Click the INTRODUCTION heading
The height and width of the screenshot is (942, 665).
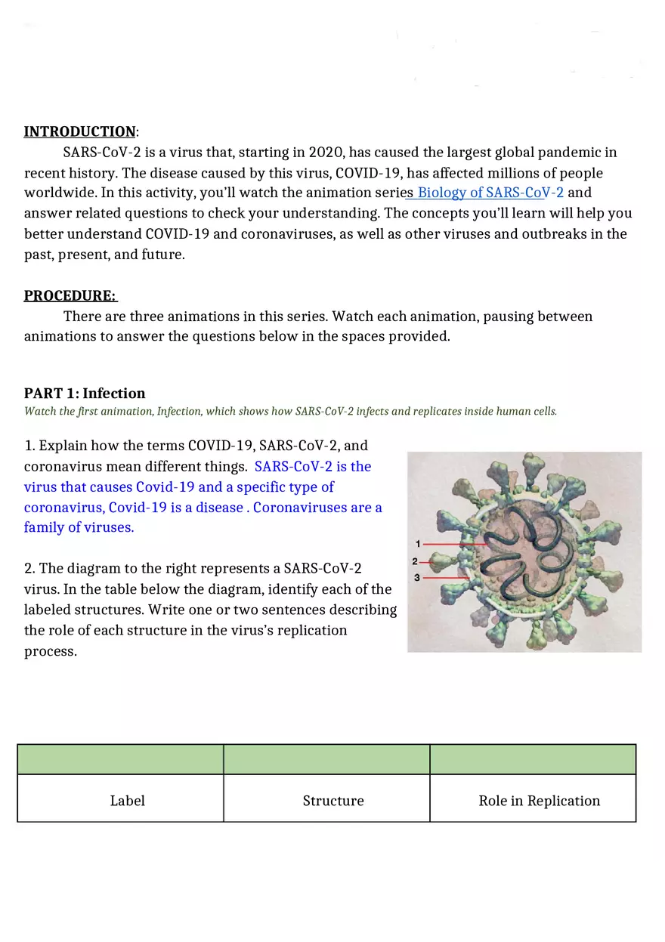click(x=79, y=132)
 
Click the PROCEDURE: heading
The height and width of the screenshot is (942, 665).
click(x=70, y=295)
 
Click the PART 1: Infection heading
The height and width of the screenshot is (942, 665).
click(x=85, y=394)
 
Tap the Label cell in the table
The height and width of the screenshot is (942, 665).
click(x=127, y=801)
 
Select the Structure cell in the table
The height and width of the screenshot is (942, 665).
click(x=333, y=801)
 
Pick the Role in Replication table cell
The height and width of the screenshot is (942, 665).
click(x=539, y=801)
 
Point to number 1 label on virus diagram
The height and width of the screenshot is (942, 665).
click(x=418, y=544)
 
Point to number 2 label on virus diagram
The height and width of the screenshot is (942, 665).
click(x=414, y=561)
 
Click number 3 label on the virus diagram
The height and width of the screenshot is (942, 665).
click(x=417, y=578)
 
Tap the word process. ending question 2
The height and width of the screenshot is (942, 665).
click(x=51, y=652)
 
